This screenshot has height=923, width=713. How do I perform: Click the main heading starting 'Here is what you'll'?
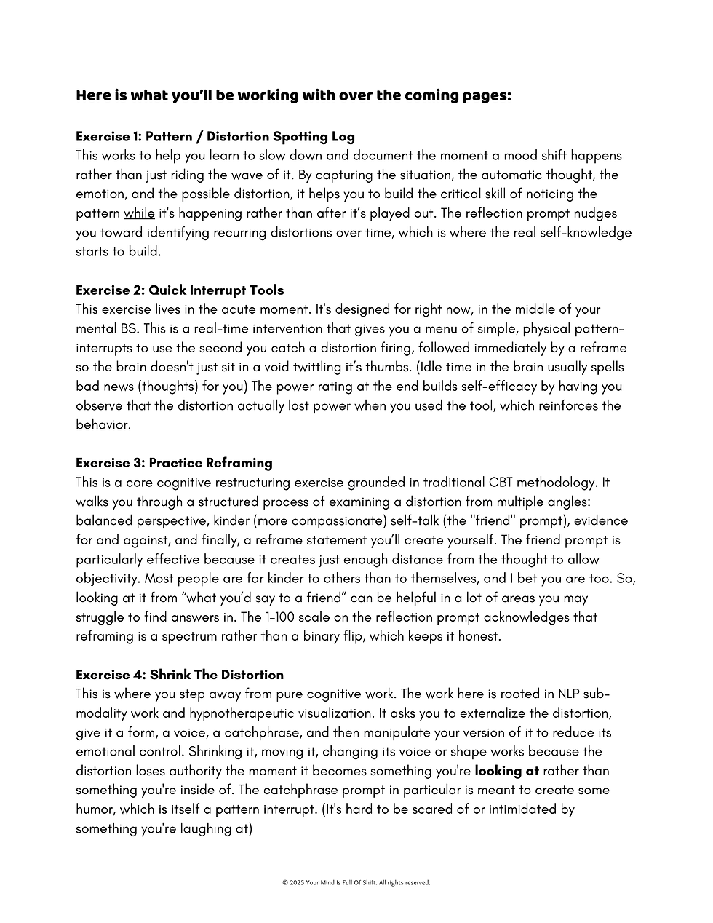coord(293,96)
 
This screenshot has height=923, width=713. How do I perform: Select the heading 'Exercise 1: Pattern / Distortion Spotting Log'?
coord(215,136)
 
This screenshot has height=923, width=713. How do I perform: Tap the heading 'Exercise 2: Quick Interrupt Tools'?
coord(180,290)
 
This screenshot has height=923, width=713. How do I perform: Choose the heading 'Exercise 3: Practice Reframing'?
coord(174,463)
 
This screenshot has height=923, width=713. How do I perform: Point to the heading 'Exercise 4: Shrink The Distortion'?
coord(180,675)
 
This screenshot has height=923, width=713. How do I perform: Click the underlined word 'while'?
coord(139,213)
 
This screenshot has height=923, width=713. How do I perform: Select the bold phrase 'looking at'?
coord(506,771)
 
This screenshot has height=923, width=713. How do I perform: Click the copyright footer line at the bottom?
coord(356,882)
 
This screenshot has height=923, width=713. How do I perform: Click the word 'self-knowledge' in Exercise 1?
coord(585,232)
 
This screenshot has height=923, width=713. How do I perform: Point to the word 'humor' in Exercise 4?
coord(95,809)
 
